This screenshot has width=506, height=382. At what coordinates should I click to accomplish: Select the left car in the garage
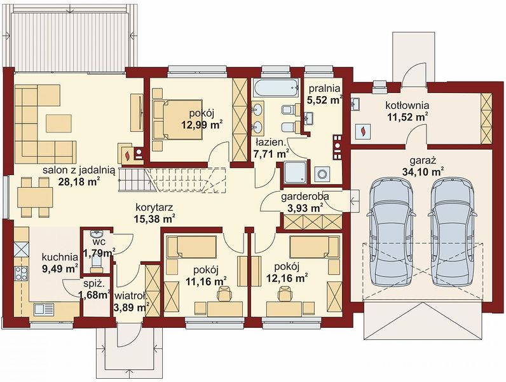pyautogui.click(x=391, y=232)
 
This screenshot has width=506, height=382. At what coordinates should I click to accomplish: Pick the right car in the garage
pyautogui.click(x=451, y=232)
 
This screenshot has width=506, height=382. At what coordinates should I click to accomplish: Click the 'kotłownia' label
pyautogui.click(x=407, y=105)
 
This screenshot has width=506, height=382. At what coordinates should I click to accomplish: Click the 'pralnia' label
pyautogui.click(x=324, y=88)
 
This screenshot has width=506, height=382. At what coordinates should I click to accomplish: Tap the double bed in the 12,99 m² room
pyautogui.click(x=178, y=120)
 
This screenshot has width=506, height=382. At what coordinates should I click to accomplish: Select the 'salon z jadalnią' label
pyautogui.click(x=79, y=171)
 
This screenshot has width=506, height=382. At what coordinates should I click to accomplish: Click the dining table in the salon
pyautogui.click(x=35, y=197)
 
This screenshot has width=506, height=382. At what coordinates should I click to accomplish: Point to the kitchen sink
pyautogui.click(x=44, y=309)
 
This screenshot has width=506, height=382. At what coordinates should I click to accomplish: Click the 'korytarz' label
pyautogui.click(x=154, y=207)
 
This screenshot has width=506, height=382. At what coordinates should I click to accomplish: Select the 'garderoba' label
pyautogui.click(x=305, y=196)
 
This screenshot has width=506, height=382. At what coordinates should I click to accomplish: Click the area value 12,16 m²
pyautogui.click(x=287, y=278)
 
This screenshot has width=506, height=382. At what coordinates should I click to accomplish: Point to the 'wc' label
pyautogui.click(x=97, y=242)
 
